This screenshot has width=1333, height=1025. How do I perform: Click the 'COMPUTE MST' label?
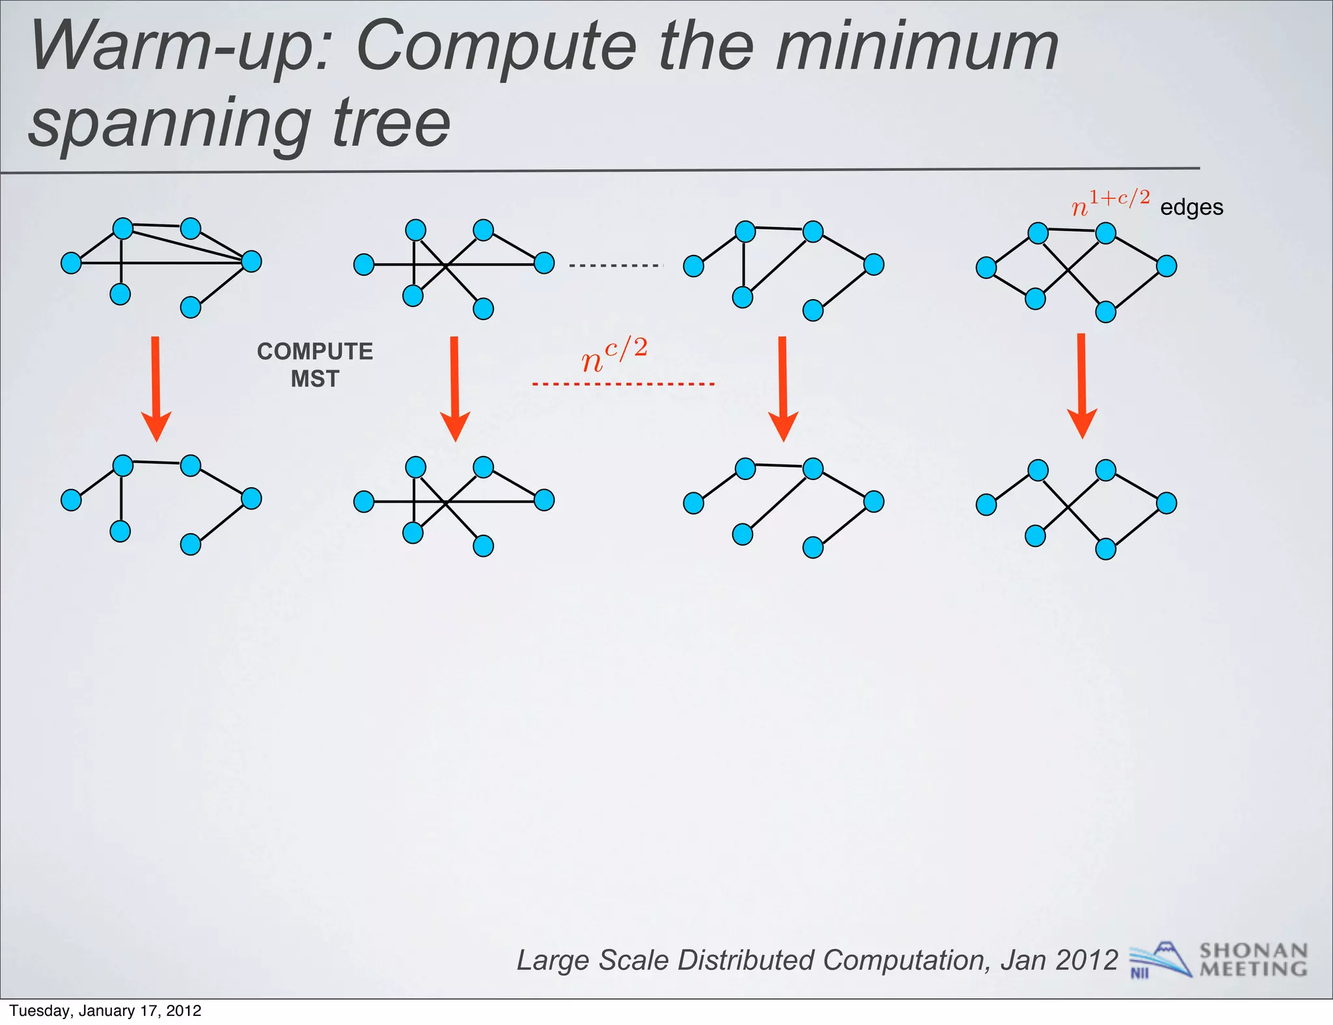[315, 365]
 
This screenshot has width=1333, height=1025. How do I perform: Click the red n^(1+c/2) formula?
[1110, 204]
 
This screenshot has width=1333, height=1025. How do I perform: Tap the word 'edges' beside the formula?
[1191, 207]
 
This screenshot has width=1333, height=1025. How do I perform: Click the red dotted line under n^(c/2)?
[623, 384]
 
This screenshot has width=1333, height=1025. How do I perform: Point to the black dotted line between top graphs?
[616, 265]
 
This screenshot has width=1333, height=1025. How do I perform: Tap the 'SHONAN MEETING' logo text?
[1253, 960]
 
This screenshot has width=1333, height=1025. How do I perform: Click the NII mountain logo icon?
[1160, 960]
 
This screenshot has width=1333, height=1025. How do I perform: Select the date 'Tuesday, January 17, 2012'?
[105, 1011]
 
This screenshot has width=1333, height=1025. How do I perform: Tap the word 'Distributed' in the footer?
[746, 961]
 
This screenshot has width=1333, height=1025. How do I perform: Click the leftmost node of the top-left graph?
[71, 263]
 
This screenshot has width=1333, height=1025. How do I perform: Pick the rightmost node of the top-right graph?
[1166, 266]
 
